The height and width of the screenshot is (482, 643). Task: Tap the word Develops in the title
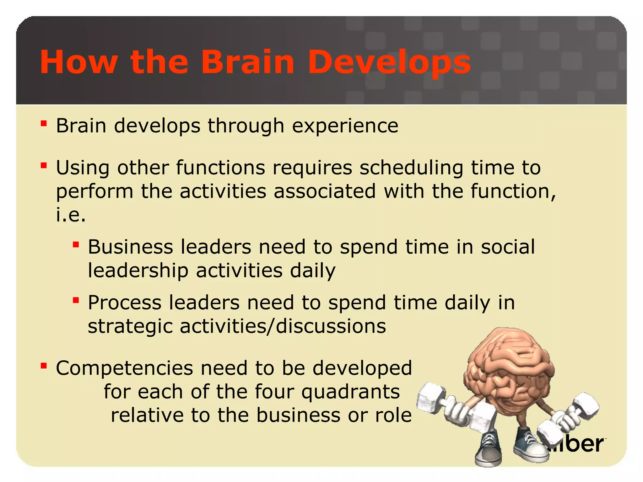[389, 62]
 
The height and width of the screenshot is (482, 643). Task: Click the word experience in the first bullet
[345, 126]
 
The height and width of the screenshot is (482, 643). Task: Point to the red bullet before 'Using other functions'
[44, 165]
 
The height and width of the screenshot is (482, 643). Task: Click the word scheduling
[411, 168]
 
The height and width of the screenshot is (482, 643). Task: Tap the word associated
[325, 191]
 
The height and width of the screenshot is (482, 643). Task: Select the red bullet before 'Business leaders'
[75, 244]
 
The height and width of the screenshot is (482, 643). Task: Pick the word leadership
[138, 270]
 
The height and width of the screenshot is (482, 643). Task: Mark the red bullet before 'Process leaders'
[75, 300]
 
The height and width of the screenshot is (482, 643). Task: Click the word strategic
[130, 326]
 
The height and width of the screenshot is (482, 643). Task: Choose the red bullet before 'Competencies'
[44, 366]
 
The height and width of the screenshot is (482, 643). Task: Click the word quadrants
[351, 392]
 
